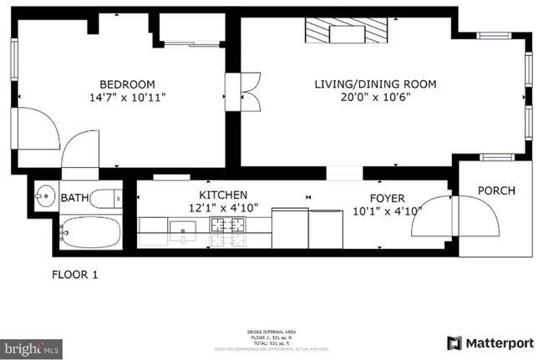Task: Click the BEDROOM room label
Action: [x=127, y=84]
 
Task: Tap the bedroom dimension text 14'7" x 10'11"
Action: [x=127, y=98]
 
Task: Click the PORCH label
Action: [x=496, y=190]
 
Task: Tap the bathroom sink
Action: [x=44, y=197]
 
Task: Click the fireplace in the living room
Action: [x=346, y=34]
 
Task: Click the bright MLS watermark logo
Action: [x=30, y=345]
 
